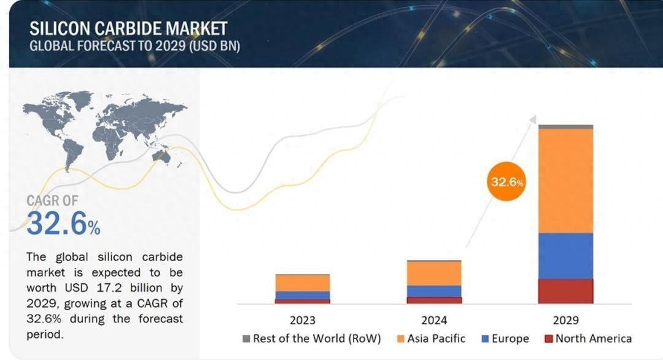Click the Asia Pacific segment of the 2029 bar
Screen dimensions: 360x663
565,181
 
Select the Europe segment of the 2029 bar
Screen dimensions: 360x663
565,256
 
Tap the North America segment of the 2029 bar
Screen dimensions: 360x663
565,291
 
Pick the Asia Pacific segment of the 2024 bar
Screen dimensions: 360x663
434,273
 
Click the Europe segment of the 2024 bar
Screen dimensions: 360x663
434,291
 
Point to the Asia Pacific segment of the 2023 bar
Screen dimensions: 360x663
303,283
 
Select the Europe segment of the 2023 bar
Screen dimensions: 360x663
303,295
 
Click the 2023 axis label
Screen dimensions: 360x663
303,320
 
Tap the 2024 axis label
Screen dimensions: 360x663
434,320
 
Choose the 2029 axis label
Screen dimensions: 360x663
565,320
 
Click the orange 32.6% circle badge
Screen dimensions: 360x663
507,182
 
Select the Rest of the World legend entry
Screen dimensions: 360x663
312,338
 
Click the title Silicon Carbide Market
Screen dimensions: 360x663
128,28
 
